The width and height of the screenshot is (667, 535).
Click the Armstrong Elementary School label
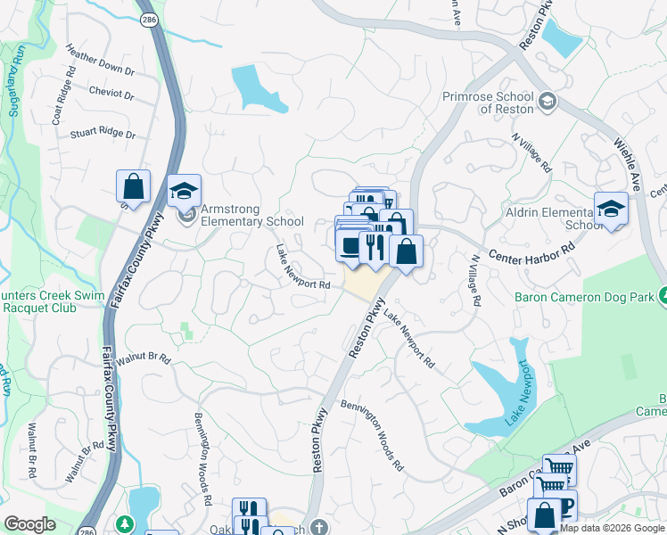point(252,216)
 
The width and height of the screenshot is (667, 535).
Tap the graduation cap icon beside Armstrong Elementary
point(185,190)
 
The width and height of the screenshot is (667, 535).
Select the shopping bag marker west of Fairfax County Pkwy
point(133,186)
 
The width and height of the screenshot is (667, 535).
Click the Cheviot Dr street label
point(111,94)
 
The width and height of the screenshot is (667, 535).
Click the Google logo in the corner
point(29,524)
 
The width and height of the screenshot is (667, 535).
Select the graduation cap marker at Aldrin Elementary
point(611,209)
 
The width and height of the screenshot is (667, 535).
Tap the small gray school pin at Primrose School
point(546,102)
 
